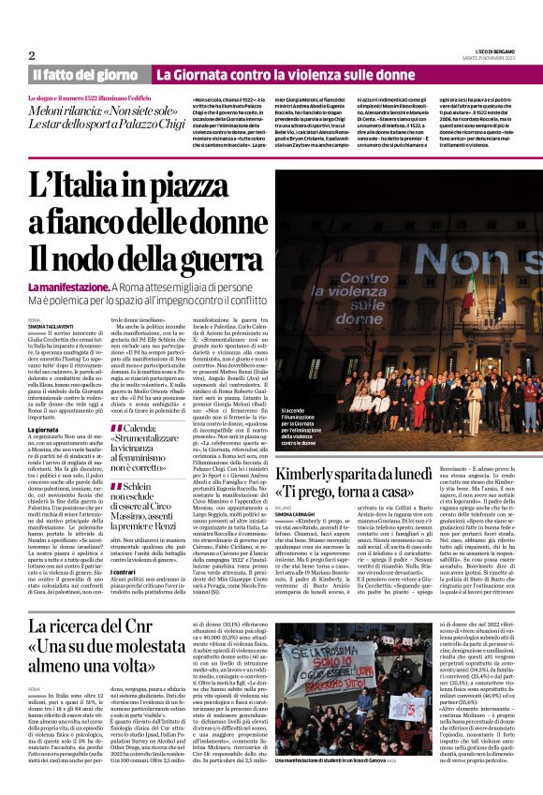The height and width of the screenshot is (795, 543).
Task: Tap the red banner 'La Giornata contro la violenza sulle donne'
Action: [271, 74]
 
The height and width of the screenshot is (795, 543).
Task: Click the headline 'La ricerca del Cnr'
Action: [99, 625]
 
